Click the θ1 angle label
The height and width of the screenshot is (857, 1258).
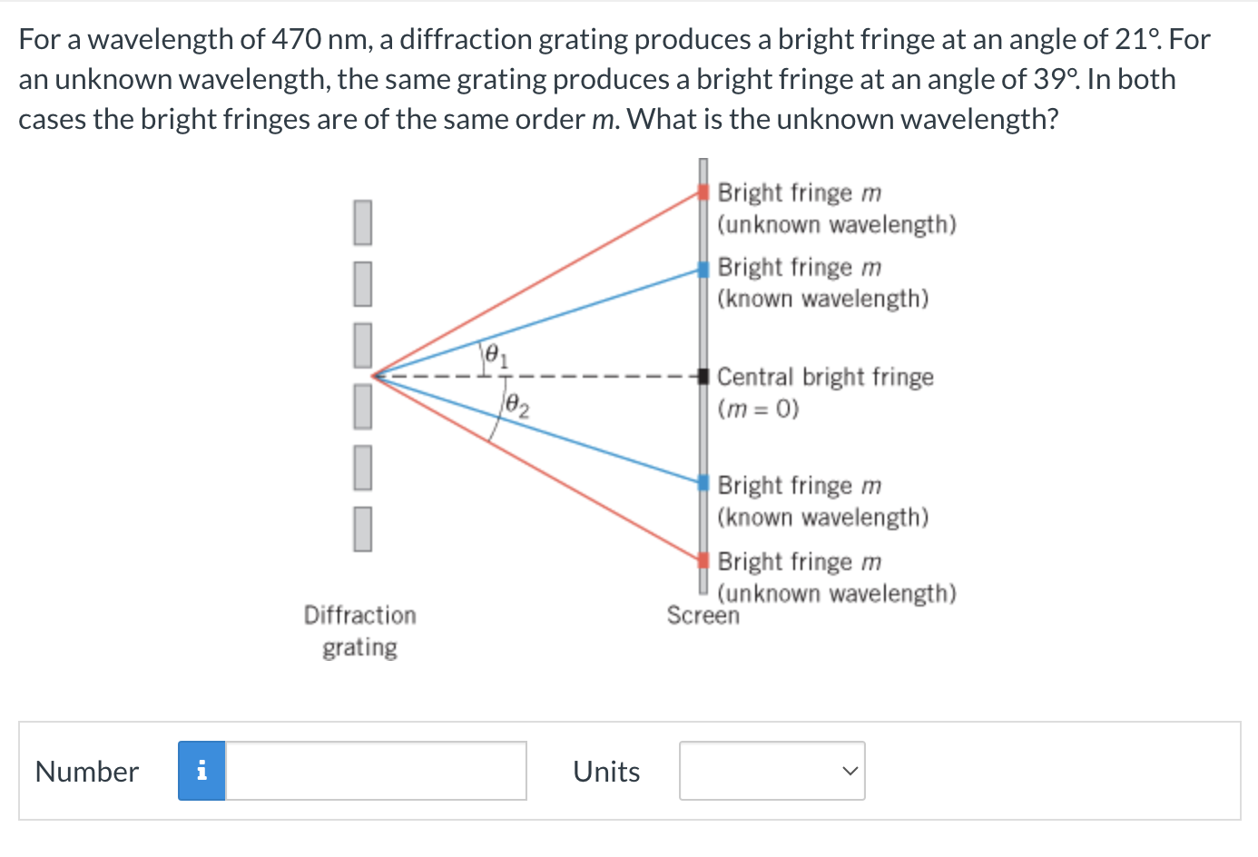[496, 355]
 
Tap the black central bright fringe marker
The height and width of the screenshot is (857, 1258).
[703, 376]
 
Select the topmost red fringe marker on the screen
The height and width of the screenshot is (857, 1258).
[703, 192]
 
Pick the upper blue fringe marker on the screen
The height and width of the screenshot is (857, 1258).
[703, 269]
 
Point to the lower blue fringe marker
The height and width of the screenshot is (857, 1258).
[703, 482]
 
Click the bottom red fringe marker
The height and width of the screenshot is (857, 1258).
[703, 559]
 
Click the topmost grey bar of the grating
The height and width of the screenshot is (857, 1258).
[362, 222]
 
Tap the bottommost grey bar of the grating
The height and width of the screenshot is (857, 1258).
[362, 528]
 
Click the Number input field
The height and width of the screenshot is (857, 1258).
[376, 771]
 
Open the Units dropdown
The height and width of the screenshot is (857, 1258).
[772, 771]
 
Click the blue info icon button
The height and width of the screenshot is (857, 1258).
[201, 771]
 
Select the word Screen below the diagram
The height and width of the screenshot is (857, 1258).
[703, 616]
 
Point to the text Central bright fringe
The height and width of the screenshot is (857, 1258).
[824, 377]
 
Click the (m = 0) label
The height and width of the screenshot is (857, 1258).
[758, 409]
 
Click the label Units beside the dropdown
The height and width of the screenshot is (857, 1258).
[606, 772]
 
